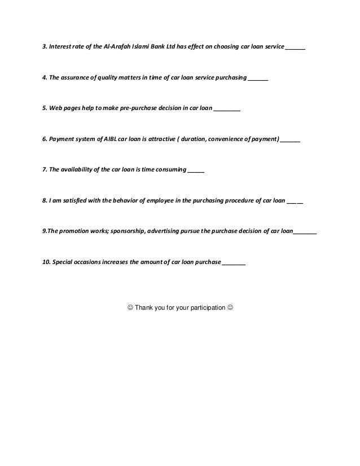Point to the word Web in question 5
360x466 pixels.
coord(55,109)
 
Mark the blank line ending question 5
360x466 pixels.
coord(227,111)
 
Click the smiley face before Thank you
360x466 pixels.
coord(130,307)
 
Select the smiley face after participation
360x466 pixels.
coord(229,307)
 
